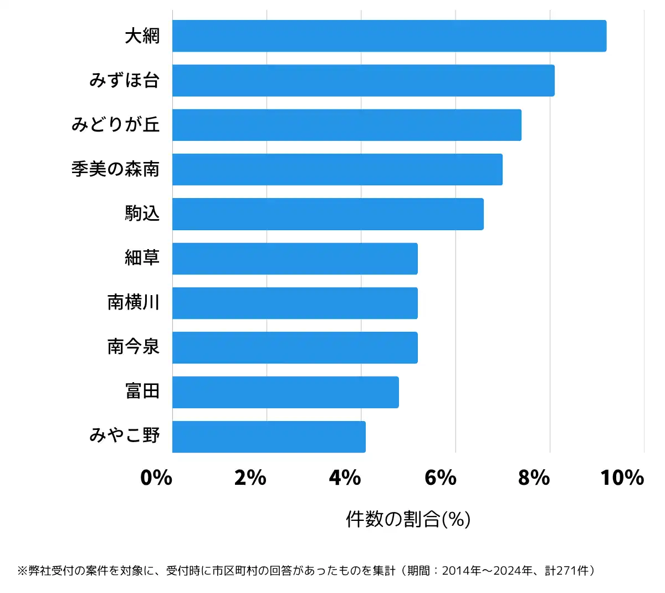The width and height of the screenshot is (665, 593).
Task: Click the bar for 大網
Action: tap(389, 36)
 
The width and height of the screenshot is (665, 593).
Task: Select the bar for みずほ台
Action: tap(363, 80)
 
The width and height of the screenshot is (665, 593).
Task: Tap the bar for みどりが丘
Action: tap(346, 125)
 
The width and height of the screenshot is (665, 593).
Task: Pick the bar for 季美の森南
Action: tap(337, 169)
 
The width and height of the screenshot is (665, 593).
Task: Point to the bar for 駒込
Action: tap(328, 214)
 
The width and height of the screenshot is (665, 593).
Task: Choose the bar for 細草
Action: tap(295, 259)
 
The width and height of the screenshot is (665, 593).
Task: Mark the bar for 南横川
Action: tap(295, 303)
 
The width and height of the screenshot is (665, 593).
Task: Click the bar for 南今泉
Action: tap(295, 347)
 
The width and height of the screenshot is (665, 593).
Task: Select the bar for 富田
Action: tap(285, 392)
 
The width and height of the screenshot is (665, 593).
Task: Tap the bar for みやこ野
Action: tap(269, 437)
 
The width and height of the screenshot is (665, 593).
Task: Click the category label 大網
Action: tap(142, 36)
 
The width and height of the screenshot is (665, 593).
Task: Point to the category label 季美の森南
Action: tap(115, 169)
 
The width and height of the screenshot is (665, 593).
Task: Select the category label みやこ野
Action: tap(125, 435)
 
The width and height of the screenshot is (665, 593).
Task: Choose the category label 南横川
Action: tap(134, 302)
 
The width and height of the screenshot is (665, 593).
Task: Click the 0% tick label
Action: tap(156, 478)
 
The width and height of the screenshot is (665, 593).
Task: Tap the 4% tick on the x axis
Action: tap(345, 478)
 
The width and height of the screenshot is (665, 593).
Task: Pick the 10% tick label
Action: tap(622, 478)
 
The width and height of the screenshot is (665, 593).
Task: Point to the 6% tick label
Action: tap(440, 478)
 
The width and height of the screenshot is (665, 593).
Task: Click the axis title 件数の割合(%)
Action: tap(408, 519)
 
